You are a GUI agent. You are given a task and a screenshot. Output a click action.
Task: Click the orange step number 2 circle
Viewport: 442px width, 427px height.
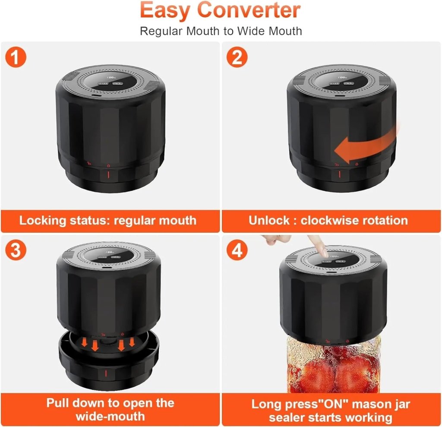click(237, 58)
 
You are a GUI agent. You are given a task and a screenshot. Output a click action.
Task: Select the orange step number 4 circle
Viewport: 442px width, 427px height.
click(237, 250)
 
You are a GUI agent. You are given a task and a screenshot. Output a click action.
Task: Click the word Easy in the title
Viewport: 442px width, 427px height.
click(164, 11)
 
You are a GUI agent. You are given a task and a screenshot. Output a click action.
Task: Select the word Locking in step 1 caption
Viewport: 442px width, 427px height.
click(43, 220)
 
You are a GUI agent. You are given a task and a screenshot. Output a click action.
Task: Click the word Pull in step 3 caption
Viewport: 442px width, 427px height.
click(58, 403)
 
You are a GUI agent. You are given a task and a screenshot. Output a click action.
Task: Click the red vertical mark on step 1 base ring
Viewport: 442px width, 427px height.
click(108, 176)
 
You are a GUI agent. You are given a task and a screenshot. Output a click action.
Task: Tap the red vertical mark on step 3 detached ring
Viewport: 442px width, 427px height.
click(107, 372)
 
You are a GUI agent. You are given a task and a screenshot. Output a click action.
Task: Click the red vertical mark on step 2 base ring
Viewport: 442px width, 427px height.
click(339, 174)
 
